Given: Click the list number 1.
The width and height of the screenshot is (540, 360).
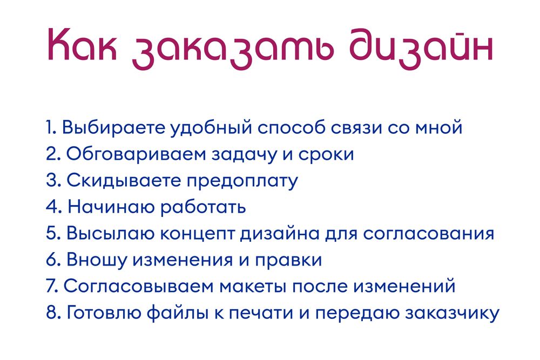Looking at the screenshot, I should pos(50,128).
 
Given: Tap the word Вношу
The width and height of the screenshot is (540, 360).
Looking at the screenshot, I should pos(96,260).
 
